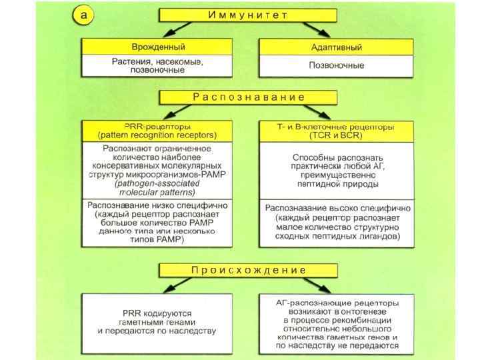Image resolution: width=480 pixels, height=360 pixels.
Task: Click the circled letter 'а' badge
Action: (82, 17)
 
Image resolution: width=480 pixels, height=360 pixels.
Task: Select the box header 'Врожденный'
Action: (157, 47)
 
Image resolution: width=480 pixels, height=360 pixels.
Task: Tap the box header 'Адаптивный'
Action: (336, 47)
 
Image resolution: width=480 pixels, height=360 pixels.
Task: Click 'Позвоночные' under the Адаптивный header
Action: (336, 65)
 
